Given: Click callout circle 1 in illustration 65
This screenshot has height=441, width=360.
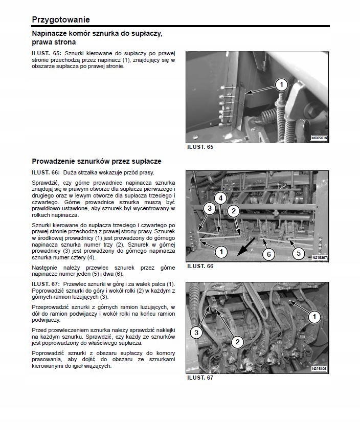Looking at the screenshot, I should tap(282, 84).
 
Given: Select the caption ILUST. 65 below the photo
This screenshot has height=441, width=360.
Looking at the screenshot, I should tap(199, 147).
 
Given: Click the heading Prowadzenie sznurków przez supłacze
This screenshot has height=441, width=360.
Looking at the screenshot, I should tap(96, 161).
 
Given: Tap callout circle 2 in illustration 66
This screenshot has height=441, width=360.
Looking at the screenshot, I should tap(233, 211).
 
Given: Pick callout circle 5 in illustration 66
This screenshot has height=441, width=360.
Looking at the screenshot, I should tap(298, 253).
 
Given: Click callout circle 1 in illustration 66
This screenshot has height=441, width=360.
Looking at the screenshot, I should tap(221, 251).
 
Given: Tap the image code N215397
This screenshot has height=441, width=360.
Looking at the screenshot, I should tap(320, 258).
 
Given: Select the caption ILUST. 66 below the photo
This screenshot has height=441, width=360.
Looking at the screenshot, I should tap(199, 267).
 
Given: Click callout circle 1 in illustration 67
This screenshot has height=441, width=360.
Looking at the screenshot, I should tap(314, 317).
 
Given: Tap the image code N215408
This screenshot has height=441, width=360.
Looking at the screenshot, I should tap(320, 368).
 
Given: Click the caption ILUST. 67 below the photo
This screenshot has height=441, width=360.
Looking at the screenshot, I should tap(199, 378).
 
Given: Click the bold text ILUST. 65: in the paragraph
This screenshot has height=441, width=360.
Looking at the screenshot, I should tap(47, 54).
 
